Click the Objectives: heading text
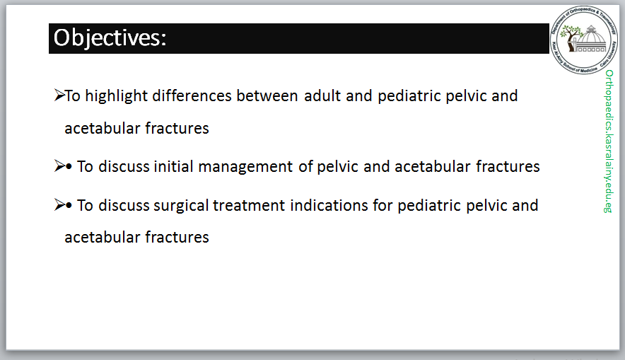pyautogui.click(x=110, y=38)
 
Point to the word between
pyautogui.click(x=267, y=95)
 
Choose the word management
pyautogui.click(x=245, y=167)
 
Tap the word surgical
pyautogui.click(x=181, y=206)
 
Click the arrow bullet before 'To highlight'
pyautogui.click(x=59, y=95)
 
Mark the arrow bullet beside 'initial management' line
pyautogui.click(x=59, y=166)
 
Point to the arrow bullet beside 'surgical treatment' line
pyautogui.click(x=59, y=204)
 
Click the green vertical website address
pyautogui.click(x=609, y=141)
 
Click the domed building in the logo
pyautogui.click(x=591, y=40)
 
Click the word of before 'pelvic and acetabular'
pyautogui.click(x=305, y=166)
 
